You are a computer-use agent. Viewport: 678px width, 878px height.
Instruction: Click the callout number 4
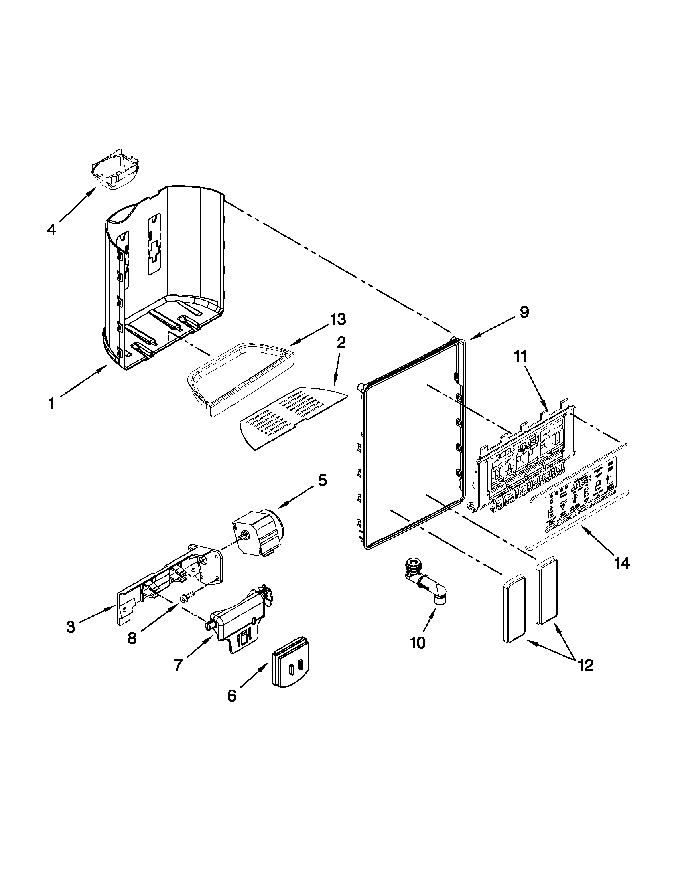51,229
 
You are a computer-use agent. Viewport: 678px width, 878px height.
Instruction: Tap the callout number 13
337,320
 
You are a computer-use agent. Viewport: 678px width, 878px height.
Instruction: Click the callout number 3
71,627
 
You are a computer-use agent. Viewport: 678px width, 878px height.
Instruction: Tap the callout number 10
417,643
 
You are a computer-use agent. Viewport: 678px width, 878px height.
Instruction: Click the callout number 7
178,665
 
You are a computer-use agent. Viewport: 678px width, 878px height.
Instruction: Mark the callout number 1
51,404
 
